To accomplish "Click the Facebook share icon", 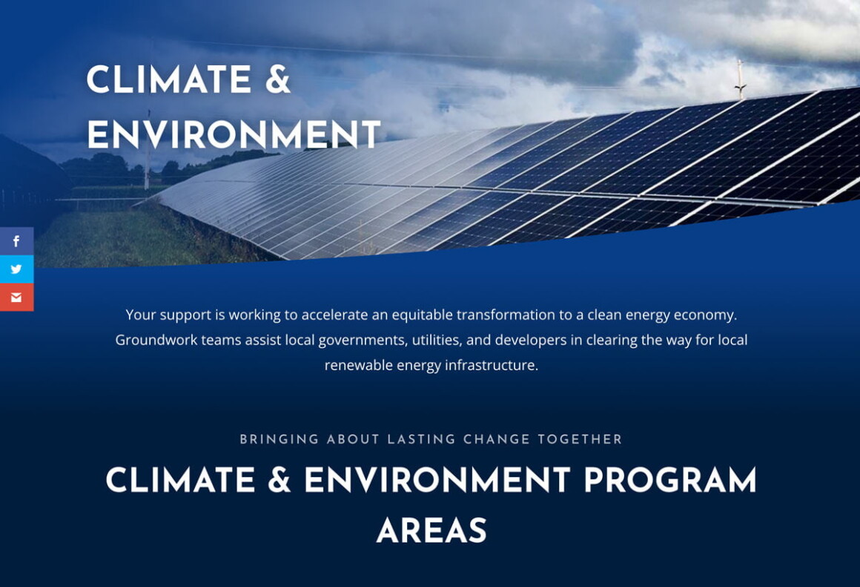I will tap(16, 241).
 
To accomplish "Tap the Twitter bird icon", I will tap(16, 269).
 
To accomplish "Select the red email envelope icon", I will tap(16, 298).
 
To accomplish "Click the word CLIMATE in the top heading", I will tap(168, 80).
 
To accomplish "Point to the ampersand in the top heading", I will tap(277, 80).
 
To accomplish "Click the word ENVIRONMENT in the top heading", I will tap(234, 135).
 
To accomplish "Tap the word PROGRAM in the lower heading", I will tap(669, 481).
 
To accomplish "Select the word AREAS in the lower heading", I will tap(431, 531).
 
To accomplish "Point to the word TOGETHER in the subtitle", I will tap(580, 439).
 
